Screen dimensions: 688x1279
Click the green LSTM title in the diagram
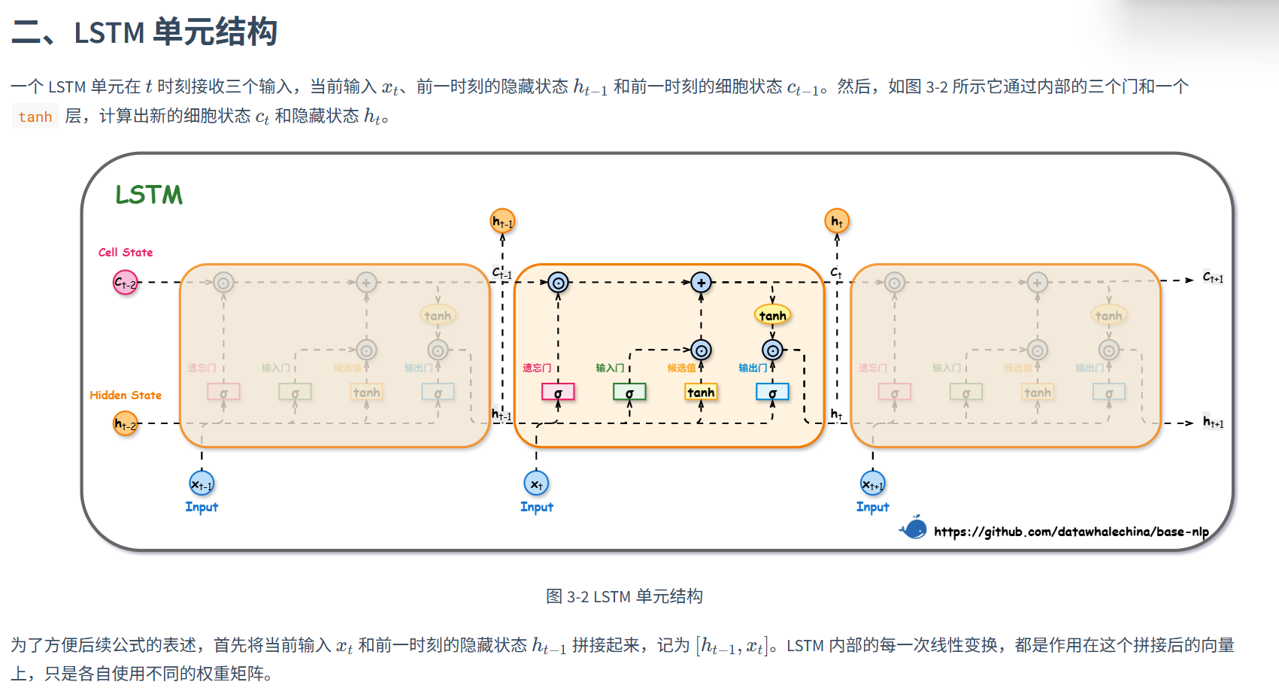click(x=149, y=195)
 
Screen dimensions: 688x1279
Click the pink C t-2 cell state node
click(x=126, y=283)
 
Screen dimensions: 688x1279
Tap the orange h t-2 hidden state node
click(x=126, y=423)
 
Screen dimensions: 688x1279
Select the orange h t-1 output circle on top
click(x=502, y=221)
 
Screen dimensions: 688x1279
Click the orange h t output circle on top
click(x=837, y=221)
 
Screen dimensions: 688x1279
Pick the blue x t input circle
click(x=536, y=483)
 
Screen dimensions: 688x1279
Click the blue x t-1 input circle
click(x=202, y=483)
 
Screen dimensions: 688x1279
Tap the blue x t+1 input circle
click(x=872, y=483)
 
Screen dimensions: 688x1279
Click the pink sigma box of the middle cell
click(x=558, y=392)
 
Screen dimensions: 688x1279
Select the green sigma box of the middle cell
click(x=629, y=392)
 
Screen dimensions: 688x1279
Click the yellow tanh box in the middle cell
click(x=701, y=392)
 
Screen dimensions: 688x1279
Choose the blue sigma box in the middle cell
click(x=772, y=392)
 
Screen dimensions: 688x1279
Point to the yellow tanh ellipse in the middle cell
click(x=772, y=315)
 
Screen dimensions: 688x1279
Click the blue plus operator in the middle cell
click(x=701, y=283)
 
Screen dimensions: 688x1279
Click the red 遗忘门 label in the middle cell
click(x=537, y=368)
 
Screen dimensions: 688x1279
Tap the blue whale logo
click(x=914, y=528)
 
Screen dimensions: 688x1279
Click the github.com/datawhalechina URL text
click(x=1071, y=532)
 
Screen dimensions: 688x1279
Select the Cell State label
click(x=126, y=253)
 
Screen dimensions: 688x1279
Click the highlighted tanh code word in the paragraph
click(x=35, y=117)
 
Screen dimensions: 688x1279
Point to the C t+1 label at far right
click(x=1213, y=277)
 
